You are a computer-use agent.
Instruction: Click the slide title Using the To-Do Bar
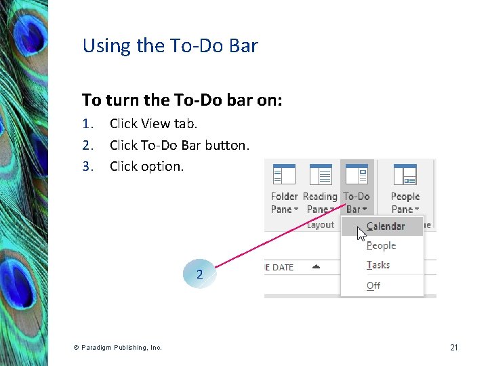(x=170, y=46)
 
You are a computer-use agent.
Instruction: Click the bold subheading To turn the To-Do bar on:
(x=182, y=100)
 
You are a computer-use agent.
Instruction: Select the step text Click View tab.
(x=153, y=123)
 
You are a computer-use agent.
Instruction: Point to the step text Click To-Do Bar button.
(x=179, y=145)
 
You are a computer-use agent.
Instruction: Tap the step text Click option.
(x=146, y=166)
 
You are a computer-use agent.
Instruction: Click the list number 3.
(x=87, y=166)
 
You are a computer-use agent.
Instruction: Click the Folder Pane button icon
(x=284, y=175)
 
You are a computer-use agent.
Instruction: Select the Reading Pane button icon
(x=320, y=175)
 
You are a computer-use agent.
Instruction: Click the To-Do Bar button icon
(x=357, y=175)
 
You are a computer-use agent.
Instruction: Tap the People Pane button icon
(x=405, y=175)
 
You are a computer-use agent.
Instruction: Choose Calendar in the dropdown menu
(x=385, y=226)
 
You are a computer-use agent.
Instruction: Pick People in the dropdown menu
(x=381, y=246)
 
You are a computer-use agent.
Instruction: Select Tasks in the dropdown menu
(x=378, y=266)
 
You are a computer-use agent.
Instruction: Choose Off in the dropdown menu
(x=373, y=285)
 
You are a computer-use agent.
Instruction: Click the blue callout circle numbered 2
(x=199, y=274)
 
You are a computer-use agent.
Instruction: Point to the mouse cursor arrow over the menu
(x=361, y=234)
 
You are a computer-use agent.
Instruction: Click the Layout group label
(x=321, y=224)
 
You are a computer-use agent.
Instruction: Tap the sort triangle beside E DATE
(x=316, y=267)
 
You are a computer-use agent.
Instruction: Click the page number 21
(x=453, y=348)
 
